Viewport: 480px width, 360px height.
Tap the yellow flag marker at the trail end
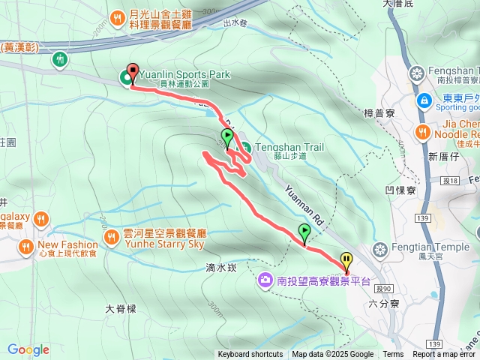(346, 262)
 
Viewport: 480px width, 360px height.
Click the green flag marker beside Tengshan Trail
(227, 137)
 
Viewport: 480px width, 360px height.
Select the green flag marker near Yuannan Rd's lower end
(304, 232)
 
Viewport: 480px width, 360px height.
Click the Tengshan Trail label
(289, 148)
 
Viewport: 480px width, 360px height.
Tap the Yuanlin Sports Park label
(184, 75)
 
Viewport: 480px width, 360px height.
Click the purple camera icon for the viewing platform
(265, 281)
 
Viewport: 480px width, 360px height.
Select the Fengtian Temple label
(431, 248)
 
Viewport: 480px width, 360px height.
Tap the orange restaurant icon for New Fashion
(26, 245)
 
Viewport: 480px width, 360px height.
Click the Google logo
(28, 349)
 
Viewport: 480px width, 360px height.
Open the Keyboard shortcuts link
(250, 355)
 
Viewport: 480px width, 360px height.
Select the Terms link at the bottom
(393, 355)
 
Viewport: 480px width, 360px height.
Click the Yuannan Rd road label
(306, 200)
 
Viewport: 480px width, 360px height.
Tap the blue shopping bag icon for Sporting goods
(424, 100)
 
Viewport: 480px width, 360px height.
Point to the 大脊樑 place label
(120, 308)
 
